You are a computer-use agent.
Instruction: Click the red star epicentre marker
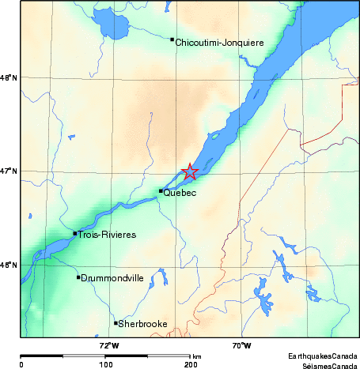(x=190, y=171)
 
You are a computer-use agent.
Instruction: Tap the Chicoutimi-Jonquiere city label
(x=218, y=43)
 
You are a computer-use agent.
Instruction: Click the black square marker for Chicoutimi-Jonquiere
(x=172, y=40)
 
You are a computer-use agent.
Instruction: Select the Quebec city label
(x=180, y=193)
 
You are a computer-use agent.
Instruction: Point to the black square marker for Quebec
(x=161, y=190)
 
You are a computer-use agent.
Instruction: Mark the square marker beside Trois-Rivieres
(x=75, y=233)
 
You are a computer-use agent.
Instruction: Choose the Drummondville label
(x=112, y=278)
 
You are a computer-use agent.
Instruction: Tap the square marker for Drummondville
(x=78, y=277)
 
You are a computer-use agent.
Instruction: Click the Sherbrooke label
(x=142, y=324)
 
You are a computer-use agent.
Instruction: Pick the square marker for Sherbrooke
(x=116, y=322)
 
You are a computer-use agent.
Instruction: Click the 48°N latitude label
(x=9, y=77)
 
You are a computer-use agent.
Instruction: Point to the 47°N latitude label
(x=9, y=171)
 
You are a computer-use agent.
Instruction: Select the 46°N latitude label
(x=9, y=265)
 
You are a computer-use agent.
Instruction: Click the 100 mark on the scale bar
(x=104, y=364)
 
